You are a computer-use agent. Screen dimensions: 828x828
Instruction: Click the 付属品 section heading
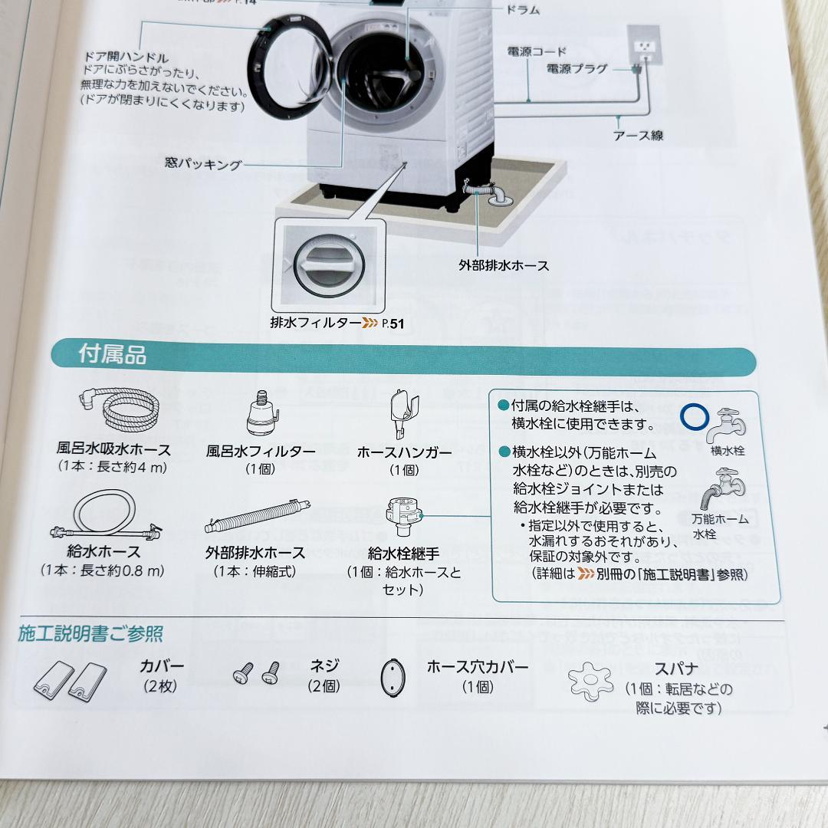click(112, 355)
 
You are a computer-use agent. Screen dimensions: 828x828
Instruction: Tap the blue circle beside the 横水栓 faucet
click(695, 418)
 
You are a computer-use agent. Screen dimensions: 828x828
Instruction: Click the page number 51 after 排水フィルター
click(396, 324)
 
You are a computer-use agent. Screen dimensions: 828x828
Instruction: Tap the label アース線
click(637, 136)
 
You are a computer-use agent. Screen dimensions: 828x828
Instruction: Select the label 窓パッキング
click(203, 163)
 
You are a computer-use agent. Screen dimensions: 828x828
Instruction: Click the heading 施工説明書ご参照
click(90, 634)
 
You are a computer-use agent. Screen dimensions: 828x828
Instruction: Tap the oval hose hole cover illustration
click(393, 677)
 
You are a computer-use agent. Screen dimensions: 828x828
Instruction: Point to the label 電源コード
click(537, 51)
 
